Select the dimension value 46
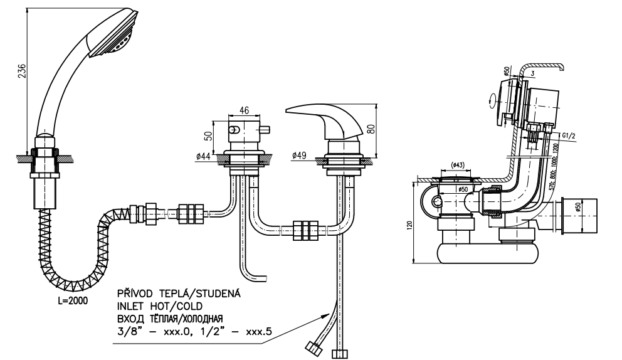click(245, 110)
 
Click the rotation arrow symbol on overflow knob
click(492, 100)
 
